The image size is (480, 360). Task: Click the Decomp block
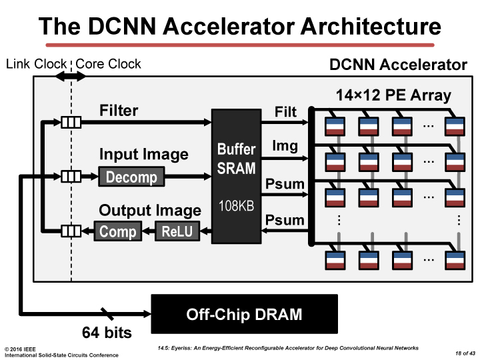point(131,177)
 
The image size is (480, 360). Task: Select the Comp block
point(118,231)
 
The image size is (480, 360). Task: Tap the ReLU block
point(176,231)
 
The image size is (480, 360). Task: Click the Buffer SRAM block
point(236,176)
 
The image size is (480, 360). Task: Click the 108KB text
point(236,207)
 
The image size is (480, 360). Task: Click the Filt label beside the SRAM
point(285,111)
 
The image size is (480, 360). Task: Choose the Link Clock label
point(36,64)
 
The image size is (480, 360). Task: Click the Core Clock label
point(109,64)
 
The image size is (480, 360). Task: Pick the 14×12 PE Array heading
point(393,95)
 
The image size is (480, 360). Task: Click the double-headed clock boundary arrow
point(71,76)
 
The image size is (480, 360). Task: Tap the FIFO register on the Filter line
point(71,122)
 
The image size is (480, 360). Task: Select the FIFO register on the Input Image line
point(71,176)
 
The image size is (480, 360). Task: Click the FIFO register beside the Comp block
point(71,231)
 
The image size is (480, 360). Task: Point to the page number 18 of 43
point(465,351)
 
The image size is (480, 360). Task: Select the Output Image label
point(150,211)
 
